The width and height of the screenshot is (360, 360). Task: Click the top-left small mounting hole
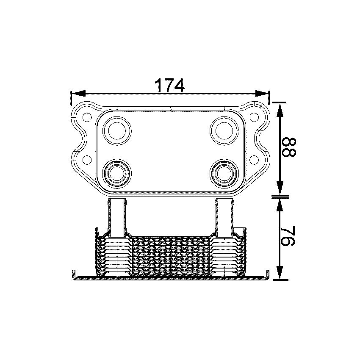[86, 116]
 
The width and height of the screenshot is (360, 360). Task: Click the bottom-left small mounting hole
[86, 159]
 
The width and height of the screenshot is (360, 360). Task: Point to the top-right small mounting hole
[254, 116]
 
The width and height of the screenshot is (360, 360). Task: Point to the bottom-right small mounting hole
[254, 159]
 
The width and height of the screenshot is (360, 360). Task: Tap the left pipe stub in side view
[116, 216]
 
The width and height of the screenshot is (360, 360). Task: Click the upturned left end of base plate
[74, 274]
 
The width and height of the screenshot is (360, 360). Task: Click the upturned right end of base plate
[267, 274]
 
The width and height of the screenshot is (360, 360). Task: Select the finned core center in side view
[170, 254]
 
